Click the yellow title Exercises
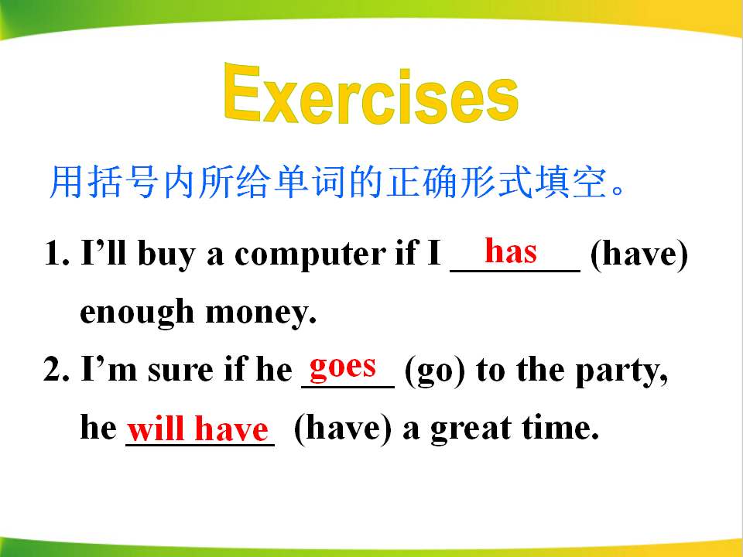371,94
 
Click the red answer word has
511,251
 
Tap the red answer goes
343,367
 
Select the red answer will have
198,429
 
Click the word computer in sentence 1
310,255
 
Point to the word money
261,313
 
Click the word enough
137,313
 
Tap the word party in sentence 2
621,371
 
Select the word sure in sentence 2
180,371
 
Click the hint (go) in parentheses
435,371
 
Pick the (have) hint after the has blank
639,255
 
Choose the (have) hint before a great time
343,429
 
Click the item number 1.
56,253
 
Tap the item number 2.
56,370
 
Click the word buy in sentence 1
166,255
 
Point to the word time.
560,428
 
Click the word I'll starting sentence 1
104,252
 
